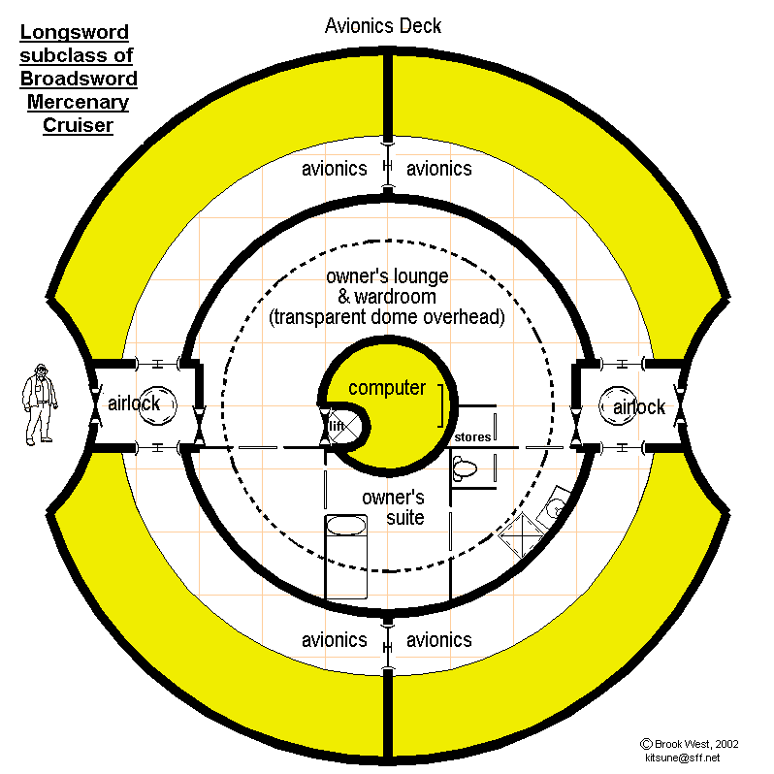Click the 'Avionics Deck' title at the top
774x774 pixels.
click(x=382, y=25)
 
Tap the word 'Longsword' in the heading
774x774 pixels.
click(x=74, y=35)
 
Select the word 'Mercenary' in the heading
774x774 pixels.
click(x=78, y=102)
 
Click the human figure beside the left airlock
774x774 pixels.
click(x=38, y=403)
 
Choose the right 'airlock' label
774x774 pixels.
click(x=639, y=406)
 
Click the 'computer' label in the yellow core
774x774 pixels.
click(x=387, y=388)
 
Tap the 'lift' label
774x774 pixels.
click(x=336, y=426)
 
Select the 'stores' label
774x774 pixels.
click(x=472, y=437)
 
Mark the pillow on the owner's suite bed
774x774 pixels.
click(x=346, y=525)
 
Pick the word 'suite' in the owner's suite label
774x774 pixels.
click(x=405, y=518)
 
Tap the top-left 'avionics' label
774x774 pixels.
click(x=334, y=169)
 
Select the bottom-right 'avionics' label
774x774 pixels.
click(x=438, y=640)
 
